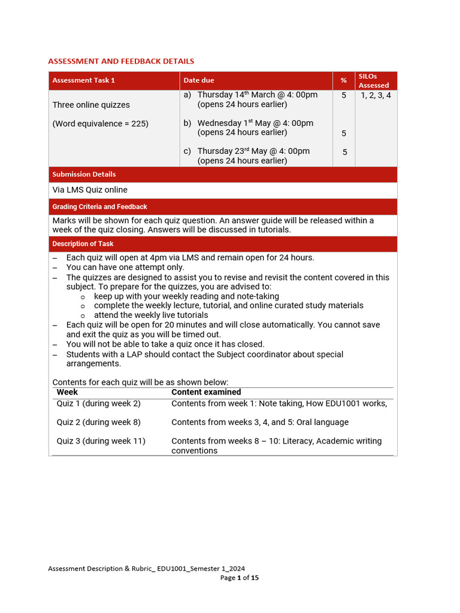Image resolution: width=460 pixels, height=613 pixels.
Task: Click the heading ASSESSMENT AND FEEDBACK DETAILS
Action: click(121, 61)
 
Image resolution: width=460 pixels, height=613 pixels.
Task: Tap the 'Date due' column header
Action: click(199, 80)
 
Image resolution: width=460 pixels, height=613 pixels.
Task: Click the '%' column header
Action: click(344, 80)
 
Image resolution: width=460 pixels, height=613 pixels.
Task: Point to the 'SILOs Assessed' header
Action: click(374, 81)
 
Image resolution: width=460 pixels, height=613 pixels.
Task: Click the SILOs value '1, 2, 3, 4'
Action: click(376, 95)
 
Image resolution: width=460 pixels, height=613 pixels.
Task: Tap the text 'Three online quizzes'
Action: click(91, 105)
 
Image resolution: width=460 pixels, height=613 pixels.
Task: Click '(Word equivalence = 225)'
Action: click(101, 123)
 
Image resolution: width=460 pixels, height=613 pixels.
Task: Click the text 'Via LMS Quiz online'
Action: click(90, 190)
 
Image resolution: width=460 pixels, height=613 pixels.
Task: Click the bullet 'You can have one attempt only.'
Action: click(125, 267)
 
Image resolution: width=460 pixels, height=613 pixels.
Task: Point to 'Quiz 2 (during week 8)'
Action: click(99, 422)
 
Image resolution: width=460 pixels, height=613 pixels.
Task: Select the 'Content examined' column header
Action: click(206, 392)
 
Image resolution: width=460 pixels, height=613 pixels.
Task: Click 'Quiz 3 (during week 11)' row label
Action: click(101, 441)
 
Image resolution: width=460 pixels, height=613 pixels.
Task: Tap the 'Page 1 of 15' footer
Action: click(240, 578)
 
